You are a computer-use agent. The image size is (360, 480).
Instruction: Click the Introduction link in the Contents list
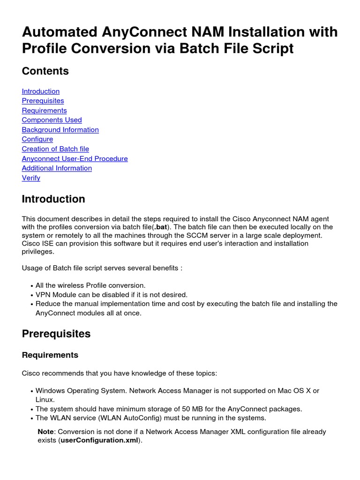(x=41, y=91)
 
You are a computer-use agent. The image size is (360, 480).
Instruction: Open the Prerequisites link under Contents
(x=43, y=101)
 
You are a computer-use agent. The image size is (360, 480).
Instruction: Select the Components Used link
(x=52, y=120)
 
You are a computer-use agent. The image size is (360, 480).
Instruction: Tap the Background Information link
(x=60, y=130)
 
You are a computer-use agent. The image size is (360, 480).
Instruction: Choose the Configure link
(x=37, y=139)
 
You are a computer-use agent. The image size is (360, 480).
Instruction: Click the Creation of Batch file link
(x=55, y=149)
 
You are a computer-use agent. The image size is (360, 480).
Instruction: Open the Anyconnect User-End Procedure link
(x=75, y=159)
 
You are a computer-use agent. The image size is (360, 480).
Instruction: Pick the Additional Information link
(x=57, y=168)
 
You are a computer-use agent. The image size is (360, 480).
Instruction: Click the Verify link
(x=31, y=178)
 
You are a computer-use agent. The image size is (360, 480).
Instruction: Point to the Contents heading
(x=45, y=71)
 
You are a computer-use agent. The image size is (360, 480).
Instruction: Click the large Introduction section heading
(x=53, y=199)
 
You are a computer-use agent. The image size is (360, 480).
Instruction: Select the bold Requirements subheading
(x=50, y=355)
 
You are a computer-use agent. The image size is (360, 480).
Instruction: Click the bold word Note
(x=46, y=432)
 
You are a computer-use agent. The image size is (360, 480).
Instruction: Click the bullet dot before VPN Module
(x=31, y=295)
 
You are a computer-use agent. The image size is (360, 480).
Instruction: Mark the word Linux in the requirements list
(x=45, y=399)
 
